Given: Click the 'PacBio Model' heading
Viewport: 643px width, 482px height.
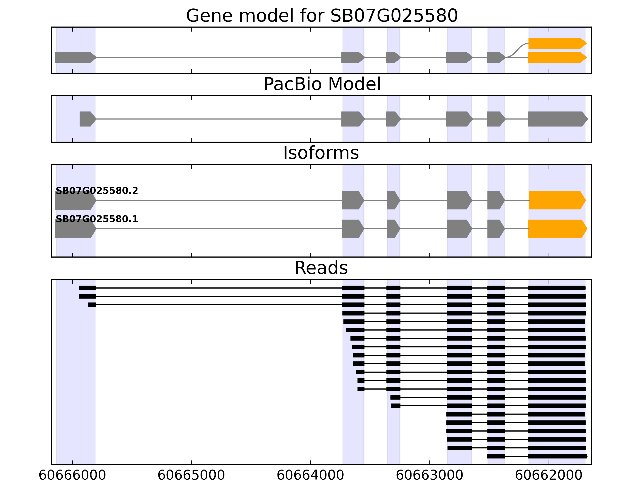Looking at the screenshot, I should click(x=321, y=84).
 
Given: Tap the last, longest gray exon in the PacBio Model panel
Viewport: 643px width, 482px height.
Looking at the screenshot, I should click(x=557, y=119).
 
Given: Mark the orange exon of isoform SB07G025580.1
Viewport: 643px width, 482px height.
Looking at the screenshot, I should click(x=557, y=229).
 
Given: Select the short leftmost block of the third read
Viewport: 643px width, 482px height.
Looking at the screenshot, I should click(x=92, y=305).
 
